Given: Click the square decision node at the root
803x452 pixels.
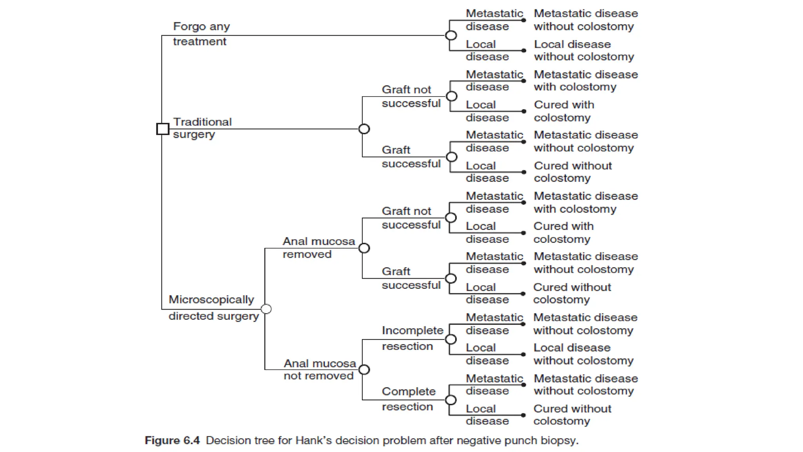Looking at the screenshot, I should point(162,129).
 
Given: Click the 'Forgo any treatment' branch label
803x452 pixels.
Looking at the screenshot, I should point(201,34).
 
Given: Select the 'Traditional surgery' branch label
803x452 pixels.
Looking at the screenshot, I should point(202,128).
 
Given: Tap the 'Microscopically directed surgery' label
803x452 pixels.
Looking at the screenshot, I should point(213,308).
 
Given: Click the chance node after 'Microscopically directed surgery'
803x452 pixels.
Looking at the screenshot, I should point(266,309).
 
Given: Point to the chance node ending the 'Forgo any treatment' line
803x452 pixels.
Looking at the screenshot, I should point(451,35).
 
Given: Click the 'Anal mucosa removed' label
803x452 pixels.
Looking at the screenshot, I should point(318,248).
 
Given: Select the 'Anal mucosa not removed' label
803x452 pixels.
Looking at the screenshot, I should point(320,369).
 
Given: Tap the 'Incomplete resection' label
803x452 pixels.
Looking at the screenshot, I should point(412,338).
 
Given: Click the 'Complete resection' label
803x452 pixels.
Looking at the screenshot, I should point(409,399).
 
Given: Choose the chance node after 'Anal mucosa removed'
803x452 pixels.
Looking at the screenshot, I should point(364,248).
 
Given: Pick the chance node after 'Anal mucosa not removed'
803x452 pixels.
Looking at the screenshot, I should point(364,370).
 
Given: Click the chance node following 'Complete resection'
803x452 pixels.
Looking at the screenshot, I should point(451,400).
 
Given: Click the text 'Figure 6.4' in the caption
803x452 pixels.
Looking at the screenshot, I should point(172,440).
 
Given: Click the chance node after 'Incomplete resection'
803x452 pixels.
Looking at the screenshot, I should point(451,339).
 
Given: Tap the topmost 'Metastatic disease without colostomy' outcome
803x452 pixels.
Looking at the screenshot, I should point(585,20).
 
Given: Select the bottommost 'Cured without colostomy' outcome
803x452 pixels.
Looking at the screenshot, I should point(572,415).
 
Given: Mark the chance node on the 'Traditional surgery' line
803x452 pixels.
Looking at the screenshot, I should point(364,129).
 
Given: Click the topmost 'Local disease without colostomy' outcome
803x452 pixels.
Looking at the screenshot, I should point(583,50).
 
